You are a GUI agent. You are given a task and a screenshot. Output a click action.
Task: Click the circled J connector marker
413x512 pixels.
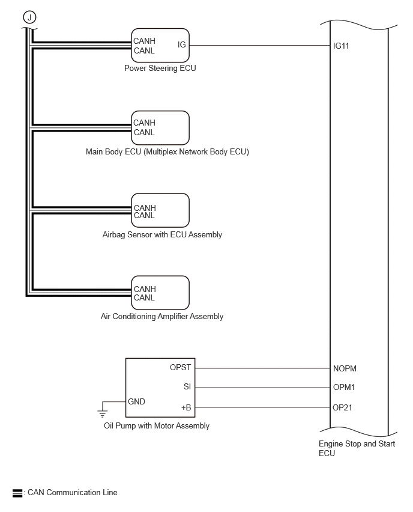[x=29, y=17]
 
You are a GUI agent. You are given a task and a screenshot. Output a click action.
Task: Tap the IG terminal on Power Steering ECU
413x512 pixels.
[x=182, y=44]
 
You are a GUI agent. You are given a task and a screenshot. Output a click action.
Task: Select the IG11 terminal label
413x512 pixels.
[x=341, y=46]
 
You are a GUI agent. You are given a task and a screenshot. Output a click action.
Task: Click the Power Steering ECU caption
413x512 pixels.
[x=160, y=69]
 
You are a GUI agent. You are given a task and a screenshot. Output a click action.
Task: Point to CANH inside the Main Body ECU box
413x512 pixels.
[x=144, y=123]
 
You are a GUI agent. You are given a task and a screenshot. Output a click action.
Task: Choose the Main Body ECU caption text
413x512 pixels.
[x=167, y=152]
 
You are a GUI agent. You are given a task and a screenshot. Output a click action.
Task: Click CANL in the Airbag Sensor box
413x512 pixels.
[x=144, y=216]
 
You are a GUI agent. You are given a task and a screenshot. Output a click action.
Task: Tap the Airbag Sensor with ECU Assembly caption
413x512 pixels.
[x=162, y=235]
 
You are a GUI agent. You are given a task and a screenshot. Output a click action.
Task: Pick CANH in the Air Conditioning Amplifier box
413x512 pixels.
[x=145, y=289]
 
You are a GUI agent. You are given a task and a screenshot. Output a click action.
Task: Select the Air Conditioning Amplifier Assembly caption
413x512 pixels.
[x=162, y=317]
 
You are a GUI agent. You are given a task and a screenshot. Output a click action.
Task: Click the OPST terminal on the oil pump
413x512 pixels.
[x=180, y=368]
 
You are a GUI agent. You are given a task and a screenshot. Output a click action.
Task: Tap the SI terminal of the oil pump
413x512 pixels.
[x=187, y=386]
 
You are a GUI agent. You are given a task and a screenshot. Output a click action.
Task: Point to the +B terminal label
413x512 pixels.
[x=186, y=407]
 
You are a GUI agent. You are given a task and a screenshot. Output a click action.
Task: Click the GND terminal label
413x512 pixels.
[x=136, y=401]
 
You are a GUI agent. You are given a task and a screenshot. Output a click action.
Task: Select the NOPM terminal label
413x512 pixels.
[x=345, y=368]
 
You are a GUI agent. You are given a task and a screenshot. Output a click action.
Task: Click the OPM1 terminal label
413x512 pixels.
[x=344, y=387]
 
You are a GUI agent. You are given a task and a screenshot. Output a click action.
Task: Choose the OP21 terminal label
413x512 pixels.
[x=342, y=407]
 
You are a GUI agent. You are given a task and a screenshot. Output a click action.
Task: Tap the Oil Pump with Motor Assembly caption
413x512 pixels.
[x=157, y=426]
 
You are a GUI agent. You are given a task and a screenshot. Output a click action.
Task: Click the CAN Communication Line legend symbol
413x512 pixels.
[x=17, y=493]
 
